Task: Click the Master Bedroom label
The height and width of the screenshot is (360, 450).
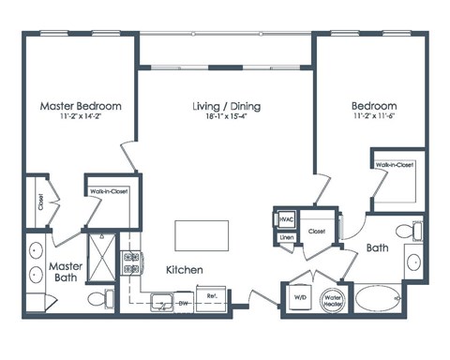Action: pos(78,106)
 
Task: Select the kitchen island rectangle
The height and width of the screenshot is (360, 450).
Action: pos(202,234)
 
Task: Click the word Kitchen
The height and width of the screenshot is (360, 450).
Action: pos(185,270)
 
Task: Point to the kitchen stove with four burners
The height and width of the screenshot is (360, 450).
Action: pos(132,263)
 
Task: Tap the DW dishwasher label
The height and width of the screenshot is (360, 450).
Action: pos(184,304)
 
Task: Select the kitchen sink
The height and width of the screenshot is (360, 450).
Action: pos(161,302)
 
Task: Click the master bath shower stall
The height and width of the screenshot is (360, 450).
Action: pos(99,252)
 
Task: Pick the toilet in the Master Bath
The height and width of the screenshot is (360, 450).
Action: pos(96,298)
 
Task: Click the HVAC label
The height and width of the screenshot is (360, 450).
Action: pos(286,219)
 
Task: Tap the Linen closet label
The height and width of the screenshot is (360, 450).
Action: pos(286,238)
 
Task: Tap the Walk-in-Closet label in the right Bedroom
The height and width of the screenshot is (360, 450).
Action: pos(396,165)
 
